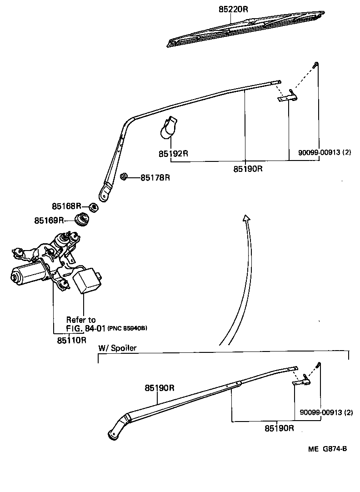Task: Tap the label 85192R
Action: point(173,154)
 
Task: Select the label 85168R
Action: point(66,206)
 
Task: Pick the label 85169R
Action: point(49,221)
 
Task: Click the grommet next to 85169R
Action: point(82,219)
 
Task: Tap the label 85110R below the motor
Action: point(71,340)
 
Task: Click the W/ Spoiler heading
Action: point(117,348)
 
